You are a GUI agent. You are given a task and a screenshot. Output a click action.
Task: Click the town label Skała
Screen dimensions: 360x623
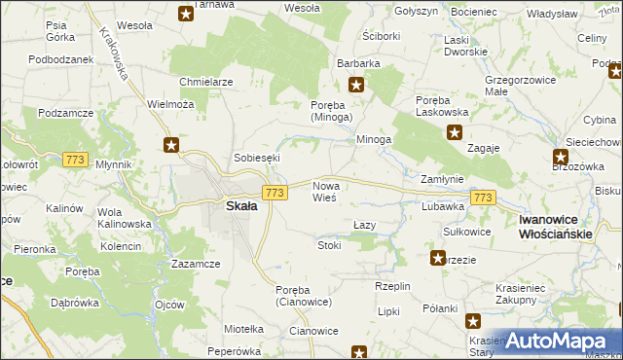241,206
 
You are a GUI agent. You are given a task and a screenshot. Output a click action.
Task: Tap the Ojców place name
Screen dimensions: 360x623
169,305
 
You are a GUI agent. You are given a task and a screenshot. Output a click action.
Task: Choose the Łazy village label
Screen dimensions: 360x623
364,225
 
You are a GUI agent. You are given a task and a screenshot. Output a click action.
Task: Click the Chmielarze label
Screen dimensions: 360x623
205,82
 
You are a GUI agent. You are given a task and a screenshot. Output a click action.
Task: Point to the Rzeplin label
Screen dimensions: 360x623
394,286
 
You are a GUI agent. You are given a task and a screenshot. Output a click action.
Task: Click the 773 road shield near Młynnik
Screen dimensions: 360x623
73,159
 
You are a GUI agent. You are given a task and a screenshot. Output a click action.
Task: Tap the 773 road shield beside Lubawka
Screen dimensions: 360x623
482,198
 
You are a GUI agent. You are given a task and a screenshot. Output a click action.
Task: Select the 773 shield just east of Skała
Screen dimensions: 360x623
275,194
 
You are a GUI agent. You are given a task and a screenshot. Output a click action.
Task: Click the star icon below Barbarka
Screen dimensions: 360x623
357,85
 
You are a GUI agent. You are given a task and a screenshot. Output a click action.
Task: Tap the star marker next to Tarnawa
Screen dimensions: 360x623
186,14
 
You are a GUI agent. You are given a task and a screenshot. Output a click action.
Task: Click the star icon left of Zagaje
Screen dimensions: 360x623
453,136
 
